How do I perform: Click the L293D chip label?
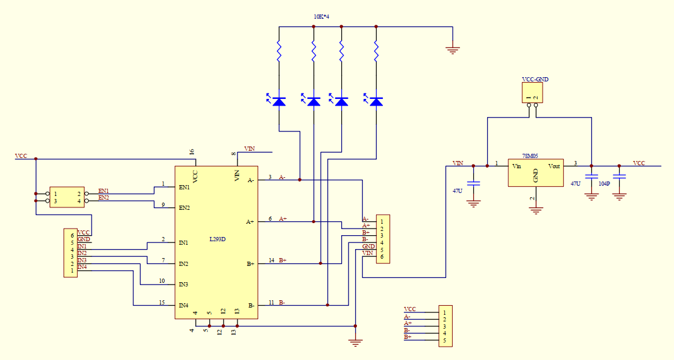(218, 239)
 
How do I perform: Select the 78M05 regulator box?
(535, 172)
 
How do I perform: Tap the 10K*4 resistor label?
(321, 17)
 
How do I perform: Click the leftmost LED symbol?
(279, 101)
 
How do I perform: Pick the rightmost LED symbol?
(376, 101)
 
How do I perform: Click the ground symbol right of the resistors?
(453, 50)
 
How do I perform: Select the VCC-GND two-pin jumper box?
(532, 93)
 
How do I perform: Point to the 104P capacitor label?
(604, 183)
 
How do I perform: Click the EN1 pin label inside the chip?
(184, 187)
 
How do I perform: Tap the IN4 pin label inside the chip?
(183, 305)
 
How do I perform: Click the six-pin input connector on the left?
(71, 253)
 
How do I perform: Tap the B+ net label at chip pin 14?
(283, 260)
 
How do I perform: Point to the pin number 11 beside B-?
(272, 302)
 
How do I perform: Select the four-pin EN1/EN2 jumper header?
(67, 197)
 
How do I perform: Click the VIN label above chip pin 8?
(249, 148)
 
